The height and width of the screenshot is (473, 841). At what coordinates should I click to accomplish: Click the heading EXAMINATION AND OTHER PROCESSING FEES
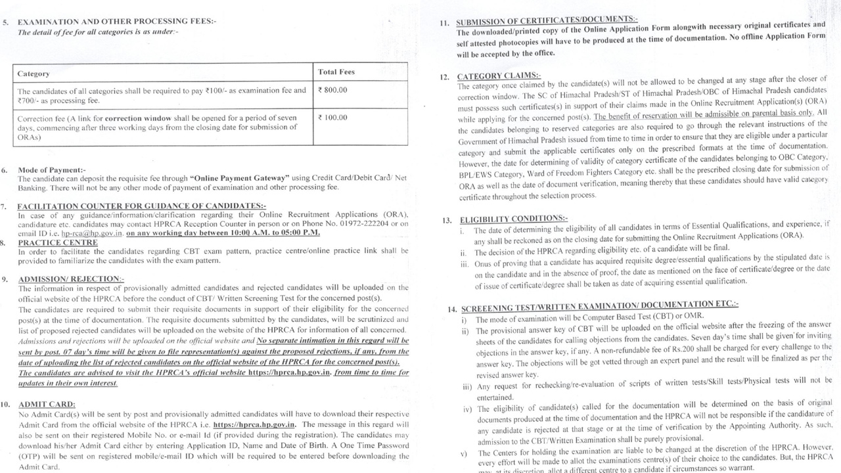(117, 21)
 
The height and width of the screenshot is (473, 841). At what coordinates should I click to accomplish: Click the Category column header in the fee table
(34, 74)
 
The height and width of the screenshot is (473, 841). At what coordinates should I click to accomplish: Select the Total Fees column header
(336, 72)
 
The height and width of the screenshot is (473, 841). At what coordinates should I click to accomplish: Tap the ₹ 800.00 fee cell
(332, 90)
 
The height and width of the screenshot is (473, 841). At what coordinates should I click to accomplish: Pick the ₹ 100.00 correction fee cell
(332, 118)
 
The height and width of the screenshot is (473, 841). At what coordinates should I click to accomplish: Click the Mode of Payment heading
(51, 170)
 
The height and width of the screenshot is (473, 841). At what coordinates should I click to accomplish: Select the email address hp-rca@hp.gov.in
(92, 233)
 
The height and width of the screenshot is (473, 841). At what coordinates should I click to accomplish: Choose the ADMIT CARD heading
(47, 404)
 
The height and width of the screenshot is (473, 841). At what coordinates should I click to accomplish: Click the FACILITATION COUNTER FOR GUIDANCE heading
(141, 206)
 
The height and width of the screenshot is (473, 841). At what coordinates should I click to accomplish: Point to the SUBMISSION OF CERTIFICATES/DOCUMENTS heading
(547, 21)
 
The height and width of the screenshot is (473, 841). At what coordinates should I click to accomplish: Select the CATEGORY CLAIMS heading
(499, 76)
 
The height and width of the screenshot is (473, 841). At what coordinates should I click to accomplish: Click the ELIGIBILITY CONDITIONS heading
(514, 219)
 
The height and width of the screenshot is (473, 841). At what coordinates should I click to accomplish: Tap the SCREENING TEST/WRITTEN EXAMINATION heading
(599, 306)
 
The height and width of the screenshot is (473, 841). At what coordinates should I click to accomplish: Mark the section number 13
(447, 221)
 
